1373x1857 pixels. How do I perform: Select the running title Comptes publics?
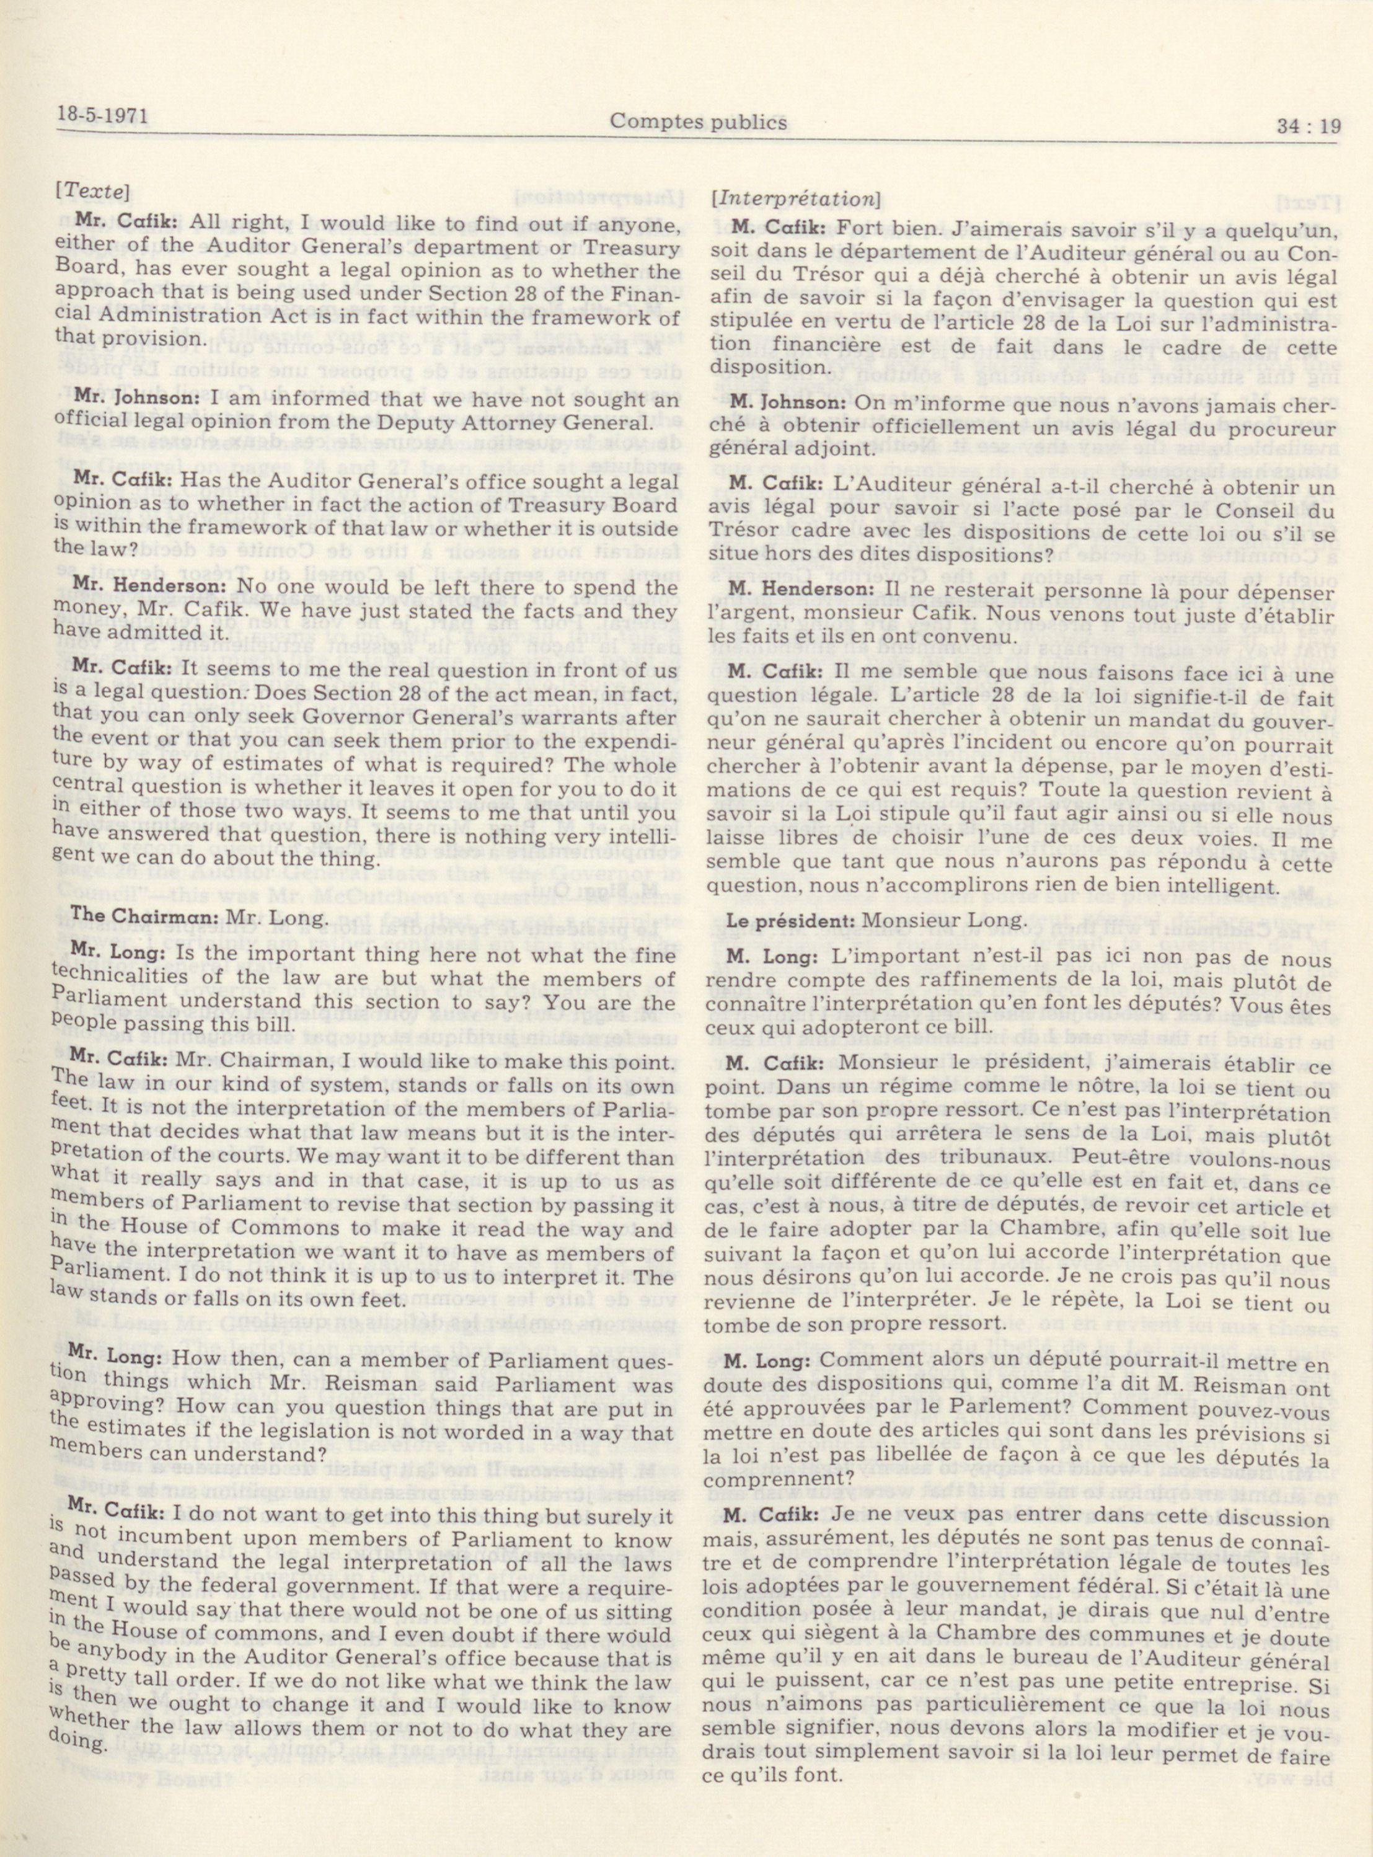(x=698, y=122)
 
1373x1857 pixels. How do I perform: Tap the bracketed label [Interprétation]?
(x=791, y=200)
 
